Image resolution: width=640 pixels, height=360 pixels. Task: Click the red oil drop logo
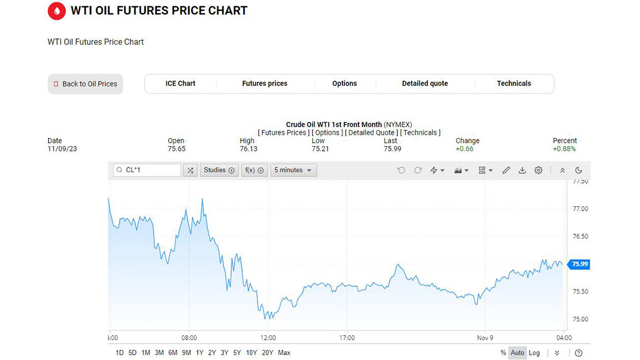point(57,11)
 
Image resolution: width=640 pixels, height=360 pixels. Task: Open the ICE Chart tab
point(180,83)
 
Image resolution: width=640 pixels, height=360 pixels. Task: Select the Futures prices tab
point(265,83)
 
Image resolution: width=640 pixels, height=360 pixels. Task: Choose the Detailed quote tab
point(425,83)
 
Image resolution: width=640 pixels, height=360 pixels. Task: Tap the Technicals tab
point(514,83)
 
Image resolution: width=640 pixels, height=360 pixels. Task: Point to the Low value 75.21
point(320,149)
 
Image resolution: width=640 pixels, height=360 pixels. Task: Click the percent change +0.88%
point(564,149)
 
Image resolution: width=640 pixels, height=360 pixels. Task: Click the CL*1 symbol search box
point(147,170)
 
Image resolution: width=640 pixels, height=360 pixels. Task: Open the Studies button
point(219,170)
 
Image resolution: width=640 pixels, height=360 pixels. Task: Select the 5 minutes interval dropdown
point(293,170)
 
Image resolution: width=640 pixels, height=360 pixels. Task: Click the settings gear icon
point(539,170)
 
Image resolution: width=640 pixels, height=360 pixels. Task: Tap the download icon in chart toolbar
point(523,170)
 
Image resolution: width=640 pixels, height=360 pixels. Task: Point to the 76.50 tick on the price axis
point(580,236)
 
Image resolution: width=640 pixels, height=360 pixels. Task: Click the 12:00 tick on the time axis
point(268,338)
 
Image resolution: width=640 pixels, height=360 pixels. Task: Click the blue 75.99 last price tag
point(580,264)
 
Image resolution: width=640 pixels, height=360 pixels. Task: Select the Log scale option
point(534,353)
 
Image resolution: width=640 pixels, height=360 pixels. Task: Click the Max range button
point(284,353)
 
